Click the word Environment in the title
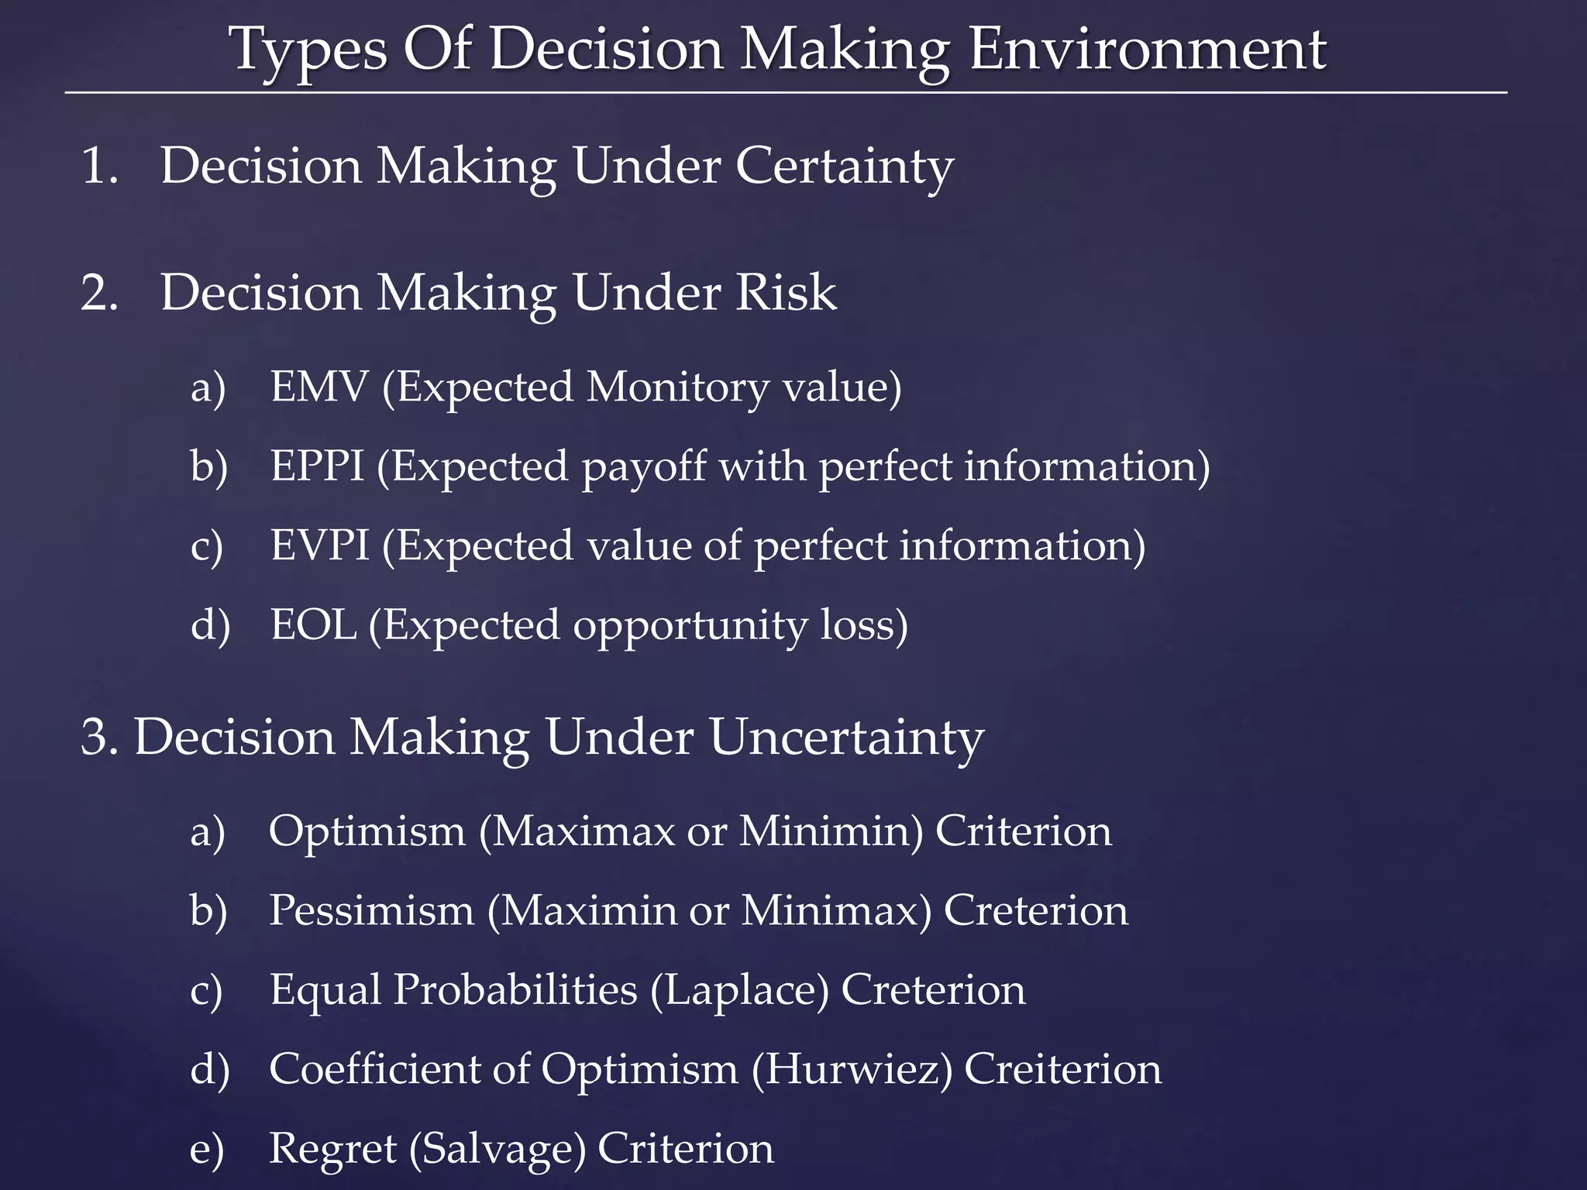1147,50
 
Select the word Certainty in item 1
843,167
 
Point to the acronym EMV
318,387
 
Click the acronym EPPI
316,466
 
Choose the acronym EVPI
319,545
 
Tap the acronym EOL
313,624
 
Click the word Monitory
676,387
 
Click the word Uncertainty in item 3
845,737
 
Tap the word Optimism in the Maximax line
367,831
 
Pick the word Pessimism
371,910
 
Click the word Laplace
740,990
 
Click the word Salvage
497,1149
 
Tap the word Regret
332,1149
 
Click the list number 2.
98,294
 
